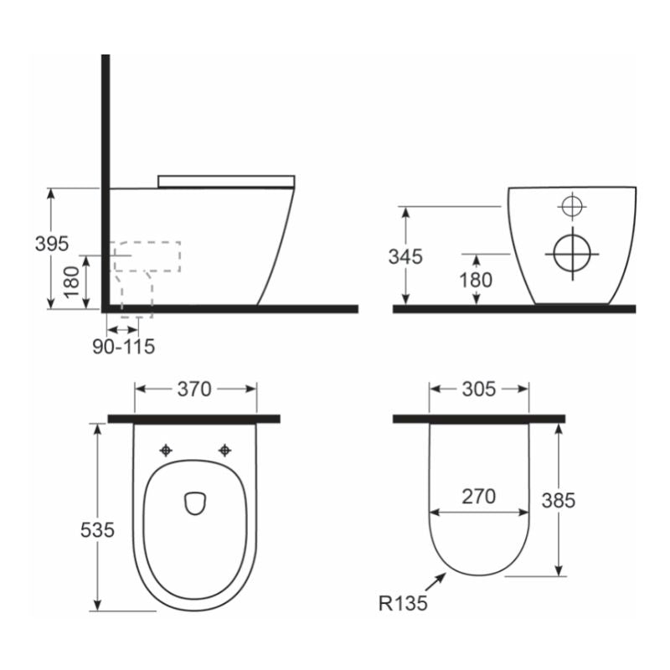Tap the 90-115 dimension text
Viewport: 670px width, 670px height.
coord(123,346)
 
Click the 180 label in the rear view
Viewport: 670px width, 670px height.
coord(476,281)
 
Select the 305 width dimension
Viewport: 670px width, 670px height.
coord(479,389)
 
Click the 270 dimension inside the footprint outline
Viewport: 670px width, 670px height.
coord(479,496)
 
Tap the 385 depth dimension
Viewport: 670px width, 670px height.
coord(558,500)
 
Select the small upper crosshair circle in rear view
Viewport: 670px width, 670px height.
coord(572,205)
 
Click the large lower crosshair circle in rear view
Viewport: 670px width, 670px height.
coord(572,250)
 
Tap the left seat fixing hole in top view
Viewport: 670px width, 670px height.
coord(166,451)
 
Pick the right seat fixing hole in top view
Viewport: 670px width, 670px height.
coord(224,451)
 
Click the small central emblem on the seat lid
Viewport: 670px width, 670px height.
coord(195,502)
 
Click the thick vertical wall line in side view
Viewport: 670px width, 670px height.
coord(106,167)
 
